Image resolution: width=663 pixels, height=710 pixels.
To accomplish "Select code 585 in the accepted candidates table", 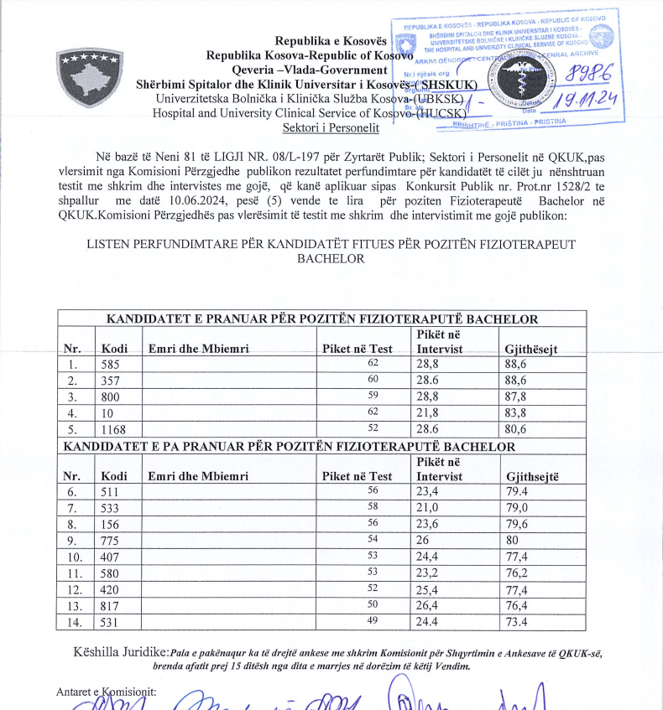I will (111, 365).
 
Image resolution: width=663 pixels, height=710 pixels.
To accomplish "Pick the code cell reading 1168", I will (114, 429).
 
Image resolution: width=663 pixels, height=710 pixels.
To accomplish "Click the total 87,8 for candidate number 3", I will (517, 397).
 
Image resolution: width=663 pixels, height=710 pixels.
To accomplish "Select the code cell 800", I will (111, 397).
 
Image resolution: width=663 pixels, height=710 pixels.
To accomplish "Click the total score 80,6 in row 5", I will (517, 429).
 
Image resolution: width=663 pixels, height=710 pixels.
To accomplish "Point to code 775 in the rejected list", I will (111, 541).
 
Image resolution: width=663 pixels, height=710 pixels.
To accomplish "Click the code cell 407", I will (111, 557).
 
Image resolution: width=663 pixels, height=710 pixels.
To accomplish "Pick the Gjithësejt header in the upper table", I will (531, 349).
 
